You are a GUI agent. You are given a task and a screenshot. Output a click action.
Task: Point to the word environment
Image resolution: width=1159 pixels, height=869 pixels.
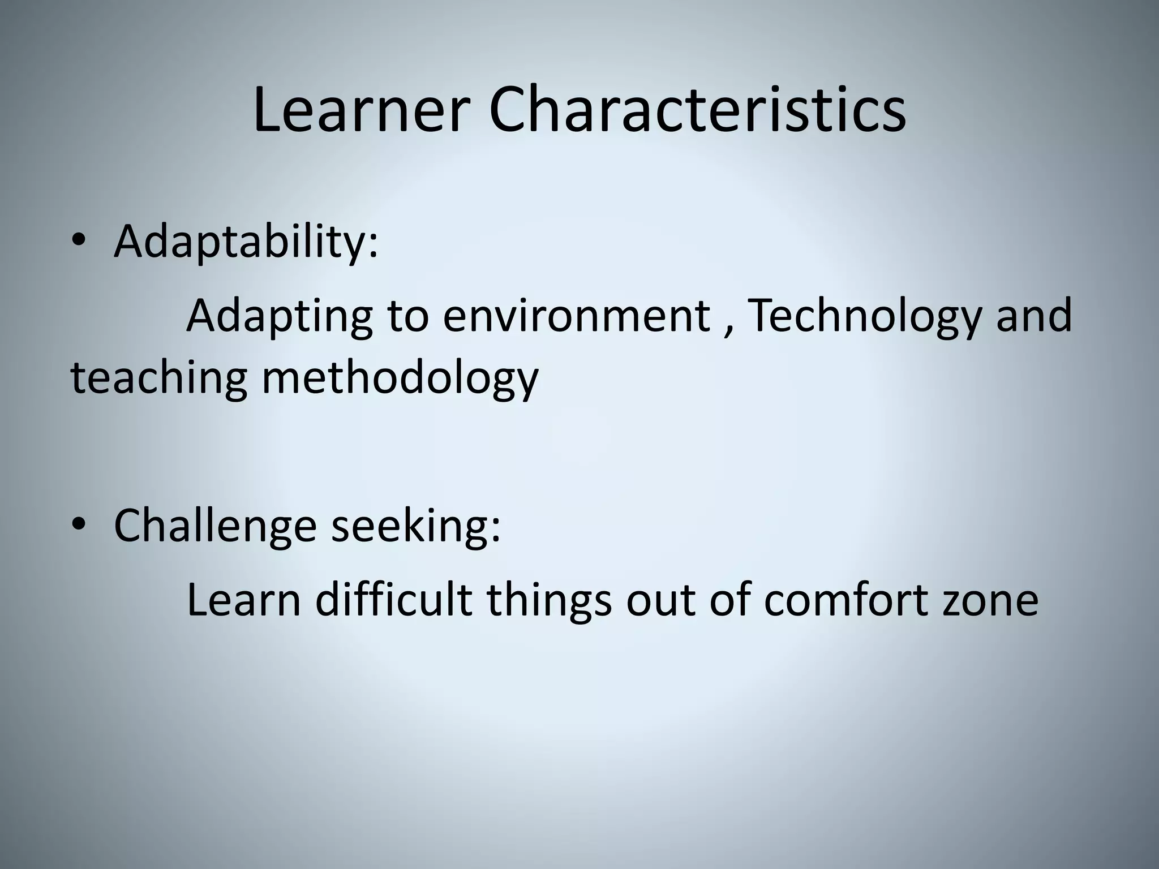(576, 316)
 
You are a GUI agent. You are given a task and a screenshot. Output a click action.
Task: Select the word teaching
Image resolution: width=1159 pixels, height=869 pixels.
(159, 378)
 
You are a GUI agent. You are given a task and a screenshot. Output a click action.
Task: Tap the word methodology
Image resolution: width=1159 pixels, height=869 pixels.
(400, 378)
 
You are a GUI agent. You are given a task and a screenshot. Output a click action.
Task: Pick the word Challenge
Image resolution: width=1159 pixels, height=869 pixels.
(215, 526)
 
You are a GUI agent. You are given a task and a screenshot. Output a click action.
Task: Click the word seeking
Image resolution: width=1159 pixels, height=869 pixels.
(416, 526)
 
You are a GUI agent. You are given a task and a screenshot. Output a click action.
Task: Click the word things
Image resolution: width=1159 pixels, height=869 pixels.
(549, 600)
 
